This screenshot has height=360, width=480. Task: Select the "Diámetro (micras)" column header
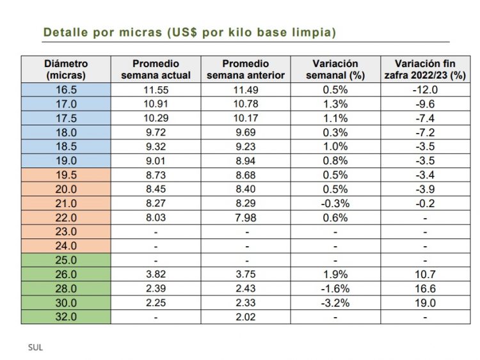pos(66,69)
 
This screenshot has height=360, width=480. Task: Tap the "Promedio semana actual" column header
pos(156,69)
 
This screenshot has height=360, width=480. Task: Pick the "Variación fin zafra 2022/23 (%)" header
pos(424,69)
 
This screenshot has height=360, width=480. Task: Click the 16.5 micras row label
pos(66,90)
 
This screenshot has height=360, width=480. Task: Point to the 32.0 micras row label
pos(66,317)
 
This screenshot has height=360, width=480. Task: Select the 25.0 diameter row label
pos(66,260)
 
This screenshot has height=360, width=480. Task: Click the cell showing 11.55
pos(156,90)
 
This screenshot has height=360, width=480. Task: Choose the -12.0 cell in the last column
pos(424,90)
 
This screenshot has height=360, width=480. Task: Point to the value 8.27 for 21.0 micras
pos(156,203)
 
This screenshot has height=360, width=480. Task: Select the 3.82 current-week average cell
pos(156,274)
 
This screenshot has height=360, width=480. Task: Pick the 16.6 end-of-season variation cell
pos(424,288)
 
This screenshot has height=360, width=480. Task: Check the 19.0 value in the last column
pos(424,302)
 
